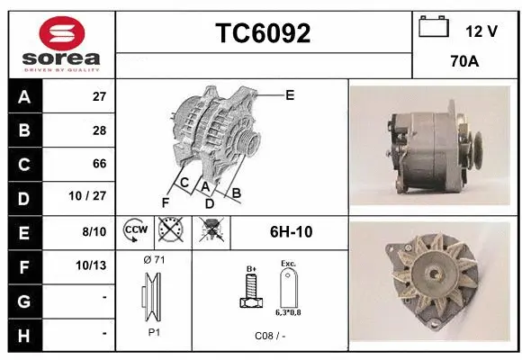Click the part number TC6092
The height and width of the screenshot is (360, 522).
(263, 34)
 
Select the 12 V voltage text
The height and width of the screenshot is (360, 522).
(481, 31)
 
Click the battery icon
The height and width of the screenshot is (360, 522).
(434, 28)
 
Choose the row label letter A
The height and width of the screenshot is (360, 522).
(23, 97)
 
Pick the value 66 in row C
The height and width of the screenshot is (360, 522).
(99, 164)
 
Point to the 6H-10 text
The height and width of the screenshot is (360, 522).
(291, 231)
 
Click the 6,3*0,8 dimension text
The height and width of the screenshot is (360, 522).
(288, 312)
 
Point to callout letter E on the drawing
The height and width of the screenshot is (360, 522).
(290, 94)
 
